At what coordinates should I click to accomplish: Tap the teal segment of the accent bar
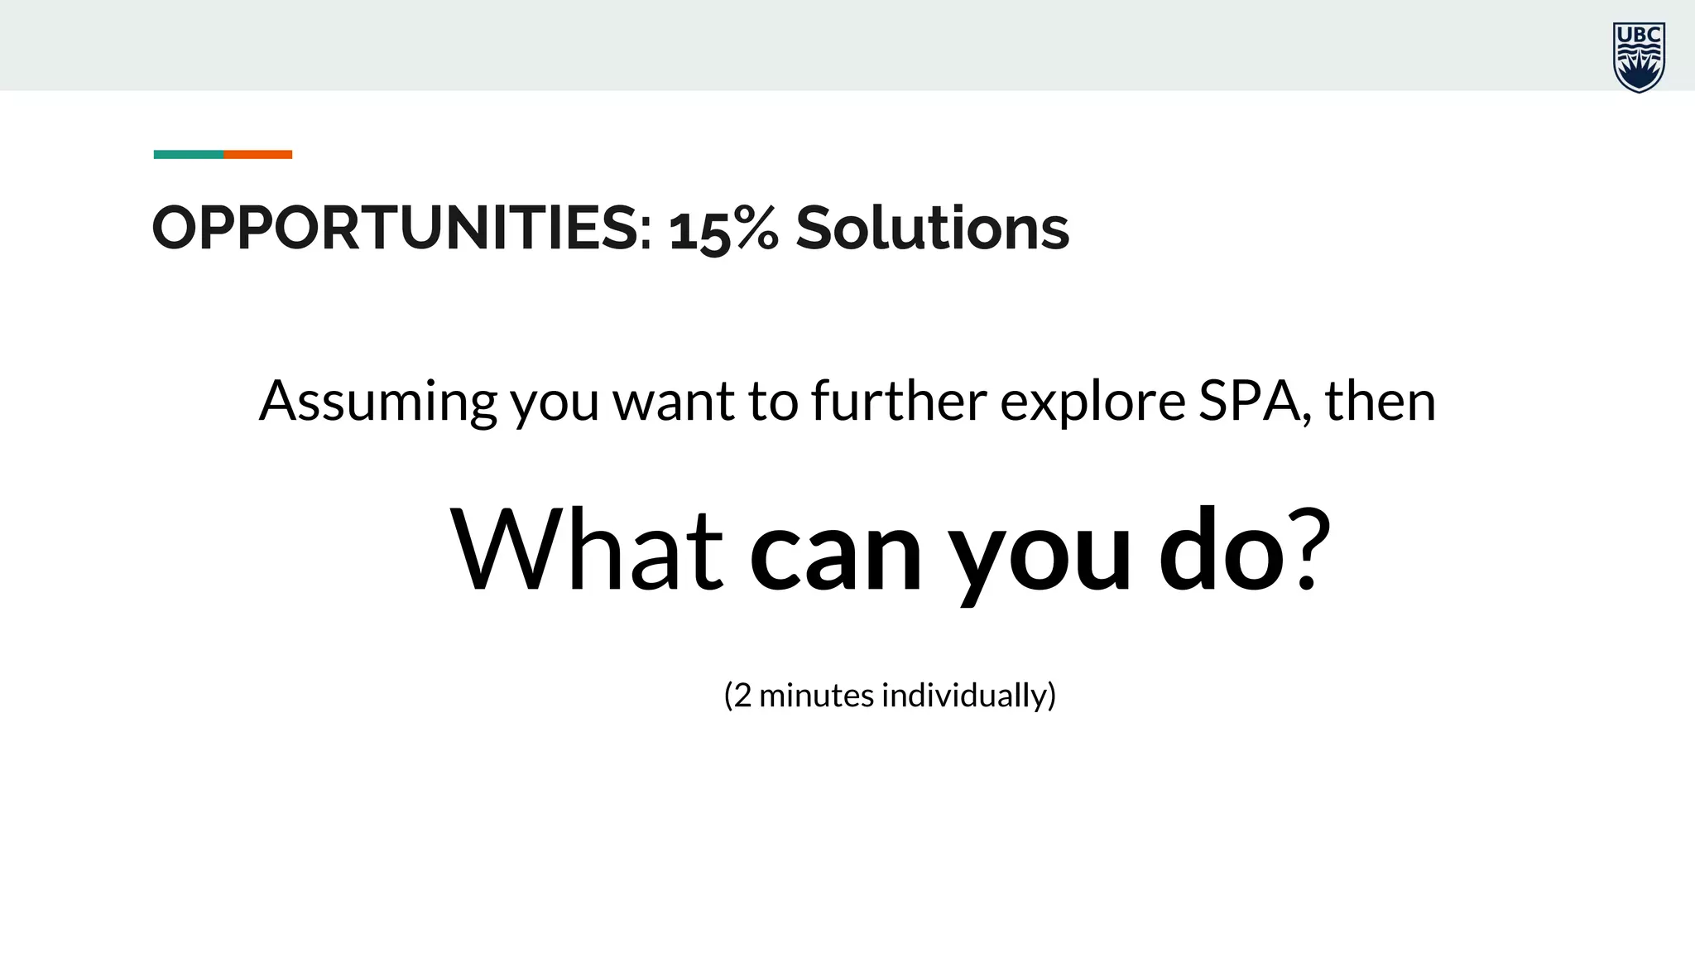point(189,154)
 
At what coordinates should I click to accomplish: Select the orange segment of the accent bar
point(257,154)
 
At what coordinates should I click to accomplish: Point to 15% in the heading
point(723,229)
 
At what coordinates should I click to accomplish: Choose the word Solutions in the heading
point(933,229)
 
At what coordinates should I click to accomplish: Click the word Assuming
point(378,402)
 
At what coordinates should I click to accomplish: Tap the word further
point(899,402)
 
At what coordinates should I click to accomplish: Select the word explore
point(1093,402)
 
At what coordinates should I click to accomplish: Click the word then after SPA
point(1380,402)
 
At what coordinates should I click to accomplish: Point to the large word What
point(588,551)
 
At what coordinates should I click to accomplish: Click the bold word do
point(1222,551)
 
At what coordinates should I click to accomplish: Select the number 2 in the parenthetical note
point(742,696)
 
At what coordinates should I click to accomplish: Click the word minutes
point(816,696)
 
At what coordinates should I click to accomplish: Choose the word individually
point(965,696)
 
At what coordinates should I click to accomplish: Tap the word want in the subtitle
point(674,402)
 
